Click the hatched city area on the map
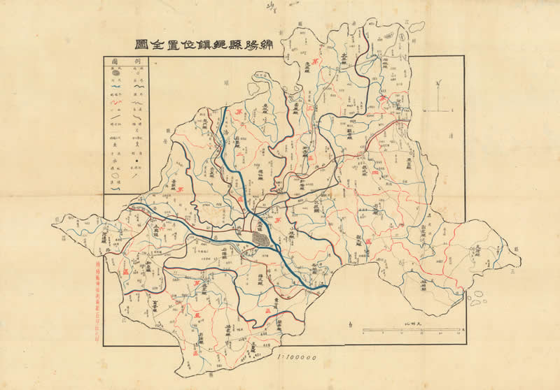(261, 239)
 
